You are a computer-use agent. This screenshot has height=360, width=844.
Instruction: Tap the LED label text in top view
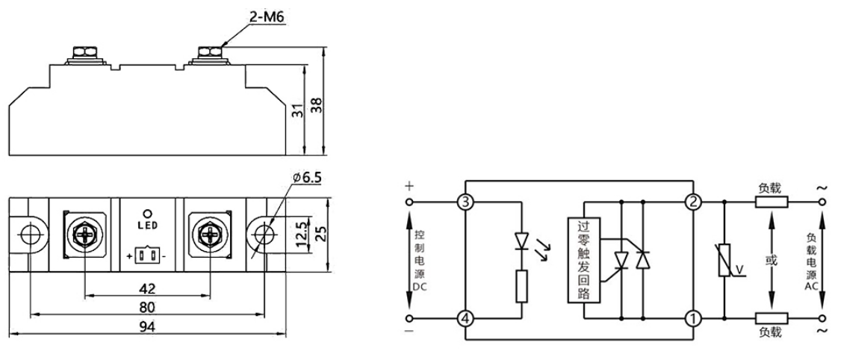(x=148, y=224)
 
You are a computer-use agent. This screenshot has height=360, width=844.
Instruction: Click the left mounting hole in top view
(x=30, y=234)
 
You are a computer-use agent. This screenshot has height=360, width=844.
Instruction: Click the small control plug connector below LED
(x=148, y=256)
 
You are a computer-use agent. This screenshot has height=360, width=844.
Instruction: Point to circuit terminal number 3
(x=465, y=202)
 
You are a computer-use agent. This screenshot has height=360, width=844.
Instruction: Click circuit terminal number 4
(x=465, y=317)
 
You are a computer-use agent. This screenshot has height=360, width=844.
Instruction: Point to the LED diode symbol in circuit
(x=521, y=240)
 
